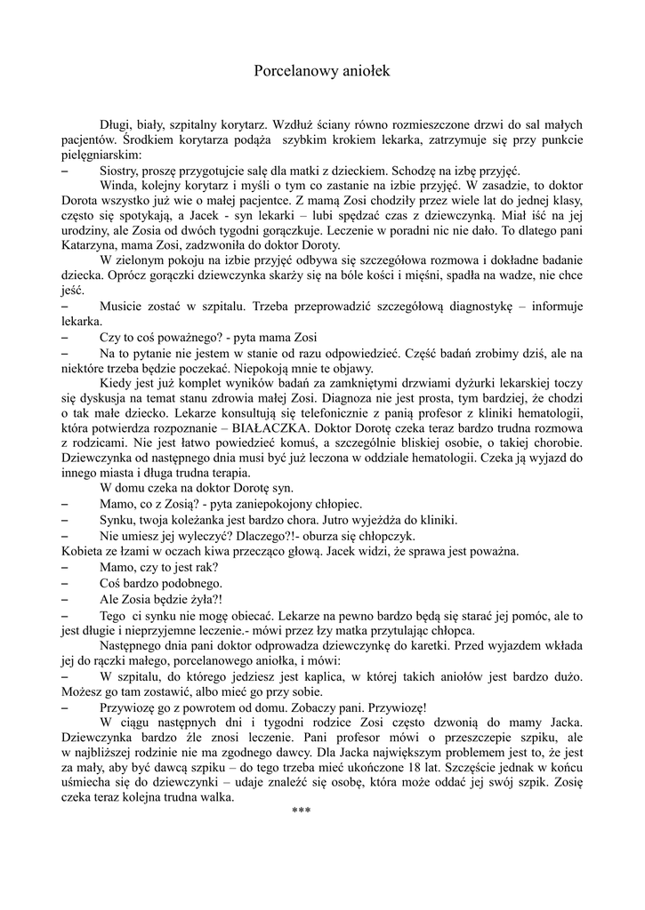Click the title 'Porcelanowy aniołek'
[x=322, y=68]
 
